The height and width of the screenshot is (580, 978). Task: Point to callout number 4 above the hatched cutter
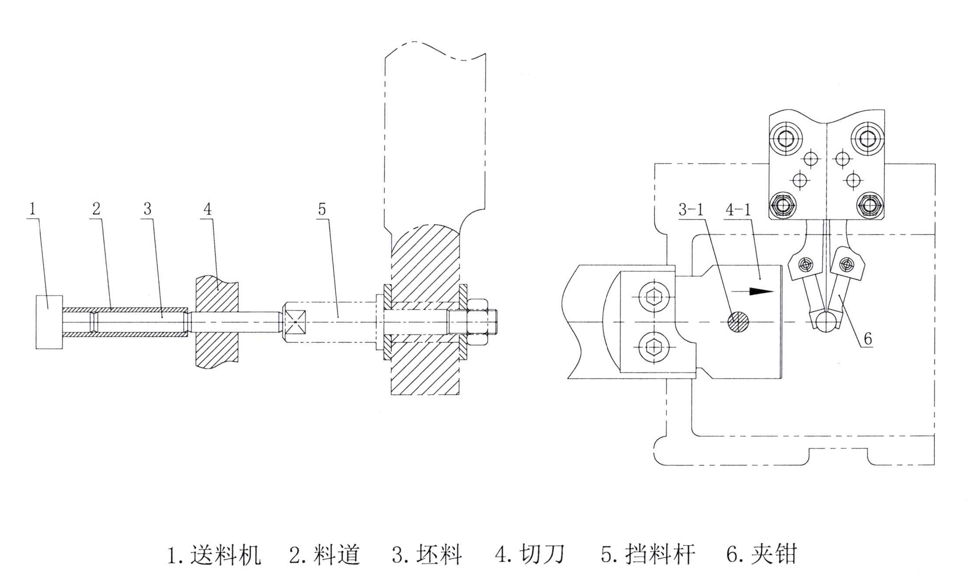[x=208, y=209]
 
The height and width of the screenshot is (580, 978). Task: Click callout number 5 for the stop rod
[x=321, y=209]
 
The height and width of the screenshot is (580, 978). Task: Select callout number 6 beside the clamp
[x=868, y=338]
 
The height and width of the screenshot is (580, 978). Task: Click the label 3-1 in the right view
[x=691, y=210]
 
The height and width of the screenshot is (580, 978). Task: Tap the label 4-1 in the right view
[x=738, y=210]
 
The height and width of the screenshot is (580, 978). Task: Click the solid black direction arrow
[x=760, y=291]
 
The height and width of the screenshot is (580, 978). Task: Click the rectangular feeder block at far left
[x=49, y=322]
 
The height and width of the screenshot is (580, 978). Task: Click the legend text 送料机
[x=225, y=555]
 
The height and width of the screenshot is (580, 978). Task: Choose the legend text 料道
[x=336, y=555]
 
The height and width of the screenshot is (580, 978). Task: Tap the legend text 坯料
[x=439, y=555]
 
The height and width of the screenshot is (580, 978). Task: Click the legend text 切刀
[x=542, y=555]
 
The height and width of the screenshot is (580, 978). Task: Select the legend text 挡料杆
[x=660, y=555]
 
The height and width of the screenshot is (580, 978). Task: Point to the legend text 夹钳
[x=774, y=555]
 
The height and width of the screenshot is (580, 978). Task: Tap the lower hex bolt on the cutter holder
[x=653, y=347]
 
